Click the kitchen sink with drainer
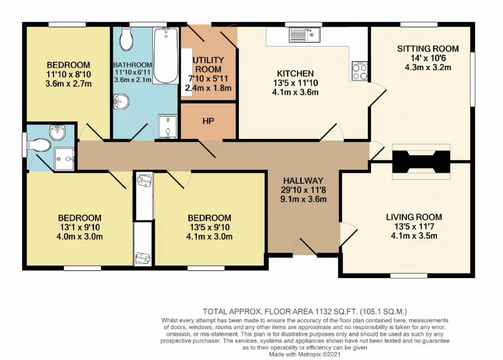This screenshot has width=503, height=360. coord(305,35)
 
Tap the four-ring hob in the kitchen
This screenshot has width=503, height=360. coord(360,71)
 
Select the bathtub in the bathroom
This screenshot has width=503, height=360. coord(166,56)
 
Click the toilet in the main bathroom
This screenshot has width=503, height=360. coord(127,39)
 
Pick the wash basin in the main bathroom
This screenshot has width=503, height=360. coord(121,102)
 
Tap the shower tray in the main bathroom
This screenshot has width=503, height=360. coord(168,127)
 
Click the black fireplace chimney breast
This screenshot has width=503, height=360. coord(421,162)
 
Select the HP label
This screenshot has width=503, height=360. coord(208,121)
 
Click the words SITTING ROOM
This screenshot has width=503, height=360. coord(428,49)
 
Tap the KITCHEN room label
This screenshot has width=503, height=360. coord(295,73)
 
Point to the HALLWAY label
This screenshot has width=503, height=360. coord(303,180)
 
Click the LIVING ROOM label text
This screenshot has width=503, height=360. coord(414,217)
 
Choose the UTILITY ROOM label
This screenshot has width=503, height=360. coord(208,65)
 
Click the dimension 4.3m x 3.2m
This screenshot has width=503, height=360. coord(428,67)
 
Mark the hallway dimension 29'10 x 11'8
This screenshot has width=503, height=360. coord(303,190)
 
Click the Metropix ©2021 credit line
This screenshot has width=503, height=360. coord(305,354)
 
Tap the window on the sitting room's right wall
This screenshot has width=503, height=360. coord(473,79)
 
